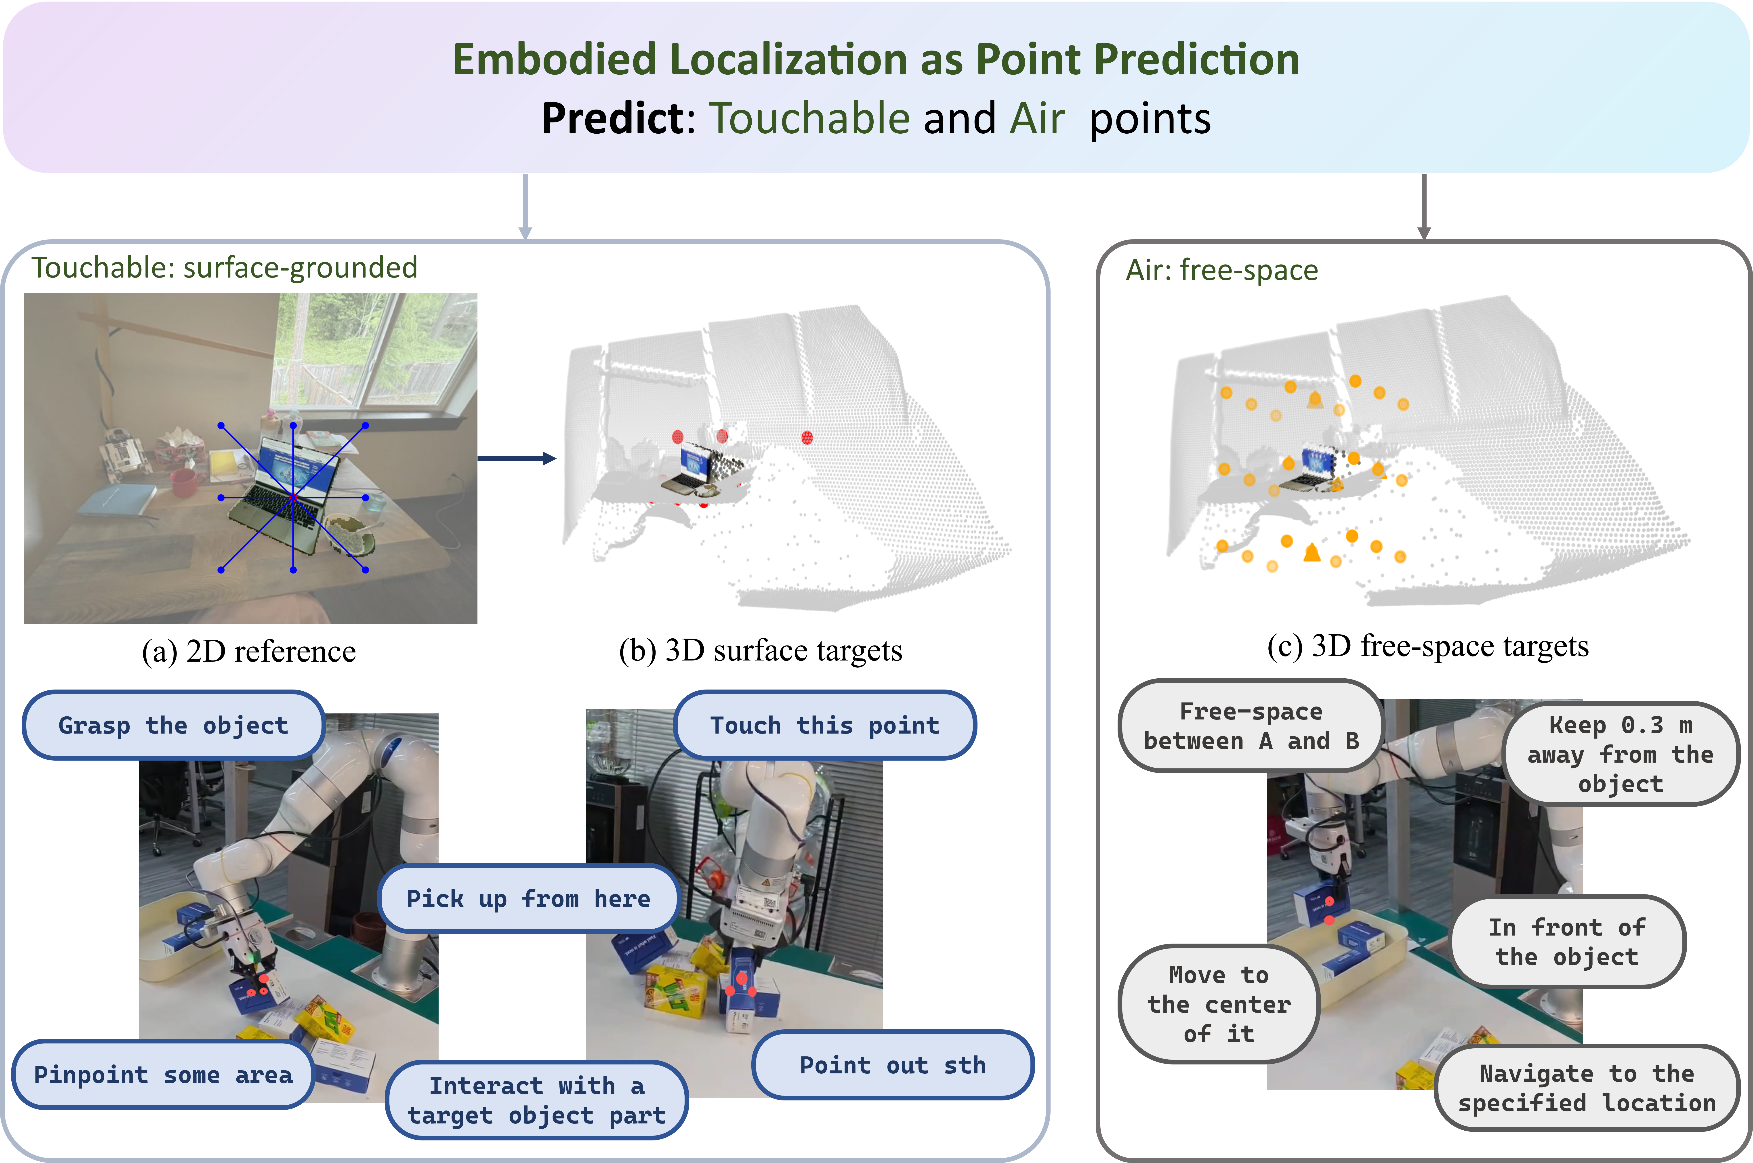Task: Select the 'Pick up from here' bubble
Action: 528,898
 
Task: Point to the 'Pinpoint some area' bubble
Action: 163,1074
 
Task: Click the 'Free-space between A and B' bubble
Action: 1251,726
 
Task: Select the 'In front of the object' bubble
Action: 1567,941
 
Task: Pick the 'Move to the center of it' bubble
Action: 1218,1003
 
